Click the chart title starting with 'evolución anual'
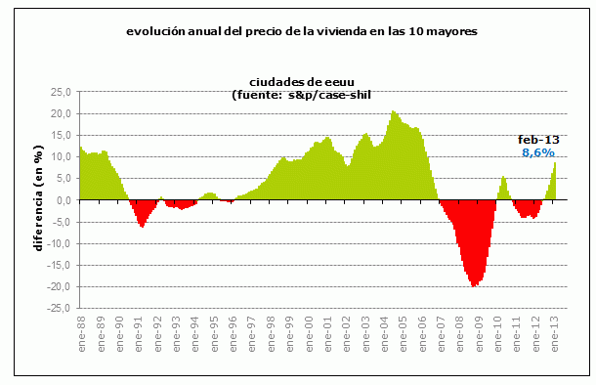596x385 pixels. [x=301, y=30]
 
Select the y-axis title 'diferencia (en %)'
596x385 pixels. [x=38, y=198]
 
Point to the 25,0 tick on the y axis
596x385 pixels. [x=61, y=92]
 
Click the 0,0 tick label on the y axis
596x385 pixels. [x=63, y=200]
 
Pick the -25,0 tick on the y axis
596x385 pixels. [x=59, y=308]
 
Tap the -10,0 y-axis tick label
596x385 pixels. [x=59, y=243]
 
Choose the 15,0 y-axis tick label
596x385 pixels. [x=61, y=135]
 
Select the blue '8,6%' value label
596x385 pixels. [x=537, y=152]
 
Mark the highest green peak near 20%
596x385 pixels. [x=393, y=112]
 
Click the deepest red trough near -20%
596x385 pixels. [x=474, y=285]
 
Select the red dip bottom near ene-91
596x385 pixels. [x=142, y=226]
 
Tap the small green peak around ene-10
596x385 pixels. [x=503, y=178]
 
